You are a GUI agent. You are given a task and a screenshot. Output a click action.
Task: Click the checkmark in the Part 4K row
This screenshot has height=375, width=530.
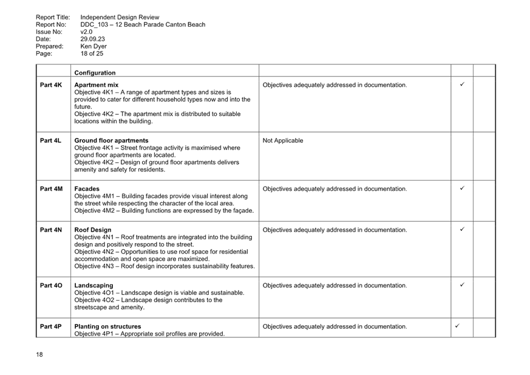(462, 84)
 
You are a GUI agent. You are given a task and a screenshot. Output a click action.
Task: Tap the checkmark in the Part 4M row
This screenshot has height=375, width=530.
(462, 188)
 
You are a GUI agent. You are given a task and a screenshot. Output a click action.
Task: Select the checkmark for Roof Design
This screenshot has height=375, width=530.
(462, 229)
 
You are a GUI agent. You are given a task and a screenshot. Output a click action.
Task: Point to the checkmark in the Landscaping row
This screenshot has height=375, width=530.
(462, 284)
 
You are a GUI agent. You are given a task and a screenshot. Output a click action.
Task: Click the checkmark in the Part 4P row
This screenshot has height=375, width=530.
(457, 326)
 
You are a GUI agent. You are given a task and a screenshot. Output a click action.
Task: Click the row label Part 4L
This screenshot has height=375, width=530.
(51, 140)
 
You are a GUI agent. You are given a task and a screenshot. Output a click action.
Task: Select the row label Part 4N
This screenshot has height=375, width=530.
(51, 230)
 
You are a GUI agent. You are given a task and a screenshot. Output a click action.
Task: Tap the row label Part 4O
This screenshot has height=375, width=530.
(51, 285)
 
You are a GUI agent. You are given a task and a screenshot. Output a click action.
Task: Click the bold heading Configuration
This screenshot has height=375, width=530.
(95, 73)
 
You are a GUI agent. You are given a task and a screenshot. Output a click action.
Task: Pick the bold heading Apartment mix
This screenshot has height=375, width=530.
(97, 85)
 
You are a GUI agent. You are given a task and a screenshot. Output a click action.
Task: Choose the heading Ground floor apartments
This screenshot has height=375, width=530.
(111, 140)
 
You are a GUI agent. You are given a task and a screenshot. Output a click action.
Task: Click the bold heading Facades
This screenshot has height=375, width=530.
(87, 189)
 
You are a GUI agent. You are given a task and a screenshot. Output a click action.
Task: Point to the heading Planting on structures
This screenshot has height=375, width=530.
(107, 326)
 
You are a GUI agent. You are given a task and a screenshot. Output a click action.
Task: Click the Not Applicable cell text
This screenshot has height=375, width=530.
(283, 140)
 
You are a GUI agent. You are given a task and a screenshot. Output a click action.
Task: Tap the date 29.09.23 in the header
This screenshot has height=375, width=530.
(93, 39)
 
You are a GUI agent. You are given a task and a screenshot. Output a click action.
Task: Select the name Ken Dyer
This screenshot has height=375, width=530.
(93, 46)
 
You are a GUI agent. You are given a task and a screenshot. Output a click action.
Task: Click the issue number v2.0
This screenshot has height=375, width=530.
(86, 32)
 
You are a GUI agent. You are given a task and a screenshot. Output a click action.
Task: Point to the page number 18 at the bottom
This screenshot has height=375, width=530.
(39, 354)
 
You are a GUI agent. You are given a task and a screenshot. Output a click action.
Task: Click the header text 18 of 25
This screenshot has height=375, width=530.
(92, 53)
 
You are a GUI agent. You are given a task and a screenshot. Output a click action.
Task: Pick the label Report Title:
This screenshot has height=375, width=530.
(53, 17)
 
